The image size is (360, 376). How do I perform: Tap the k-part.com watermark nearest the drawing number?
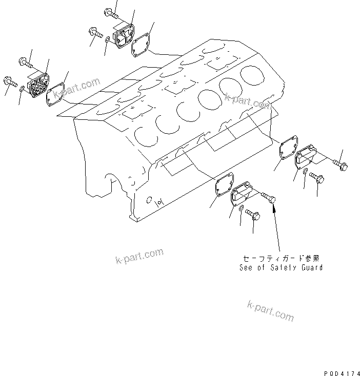(x=270, y=310)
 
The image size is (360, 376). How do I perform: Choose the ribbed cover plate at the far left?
(x=37, y=87)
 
